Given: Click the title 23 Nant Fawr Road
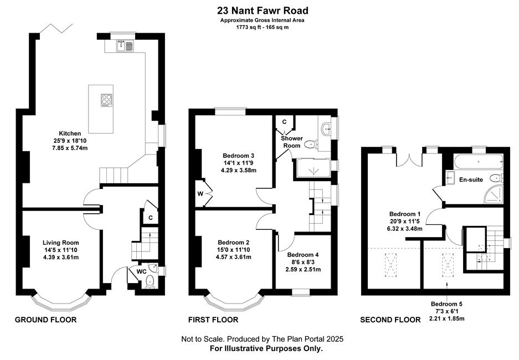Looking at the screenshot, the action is (263, 11).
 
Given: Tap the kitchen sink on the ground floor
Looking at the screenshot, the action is (125, 46).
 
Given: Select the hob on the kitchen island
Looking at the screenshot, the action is (106, 100).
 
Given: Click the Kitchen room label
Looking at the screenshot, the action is (70, 133).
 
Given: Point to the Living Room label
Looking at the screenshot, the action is (61, 243).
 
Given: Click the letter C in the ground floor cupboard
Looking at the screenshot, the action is (151, 218).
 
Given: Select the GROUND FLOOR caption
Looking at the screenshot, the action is (45, 320).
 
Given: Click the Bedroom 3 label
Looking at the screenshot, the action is (238, 156).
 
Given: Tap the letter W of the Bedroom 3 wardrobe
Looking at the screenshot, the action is (201, 194).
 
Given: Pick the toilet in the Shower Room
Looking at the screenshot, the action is (311, 145).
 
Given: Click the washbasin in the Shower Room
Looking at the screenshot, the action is (327, 127).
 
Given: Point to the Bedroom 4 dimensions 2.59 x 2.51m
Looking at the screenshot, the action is (303, 269).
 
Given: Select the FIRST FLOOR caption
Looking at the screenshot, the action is (213, 320).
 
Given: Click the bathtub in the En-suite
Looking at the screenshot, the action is (478, 162).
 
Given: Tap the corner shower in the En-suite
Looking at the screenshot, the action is (494, 194).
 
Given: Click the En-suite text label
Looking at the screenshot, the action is (471, 179).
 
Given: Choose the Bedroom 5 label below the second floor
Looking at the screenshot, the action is (446, 304).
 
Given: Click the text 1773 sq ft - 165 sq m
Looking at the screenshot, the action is (262, 27).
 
